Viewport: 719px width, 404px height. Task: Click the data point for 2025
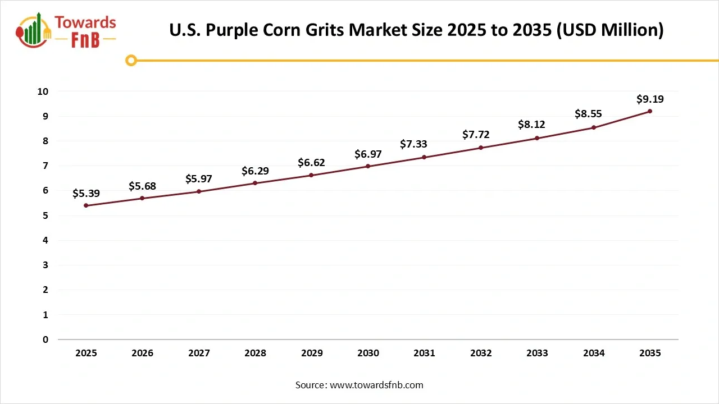(x=86, y=205)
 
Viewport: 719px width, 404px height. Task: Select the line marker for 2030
(x=368, y=166)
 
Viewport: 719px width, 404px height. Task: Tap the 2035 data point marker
(x=650, y=111)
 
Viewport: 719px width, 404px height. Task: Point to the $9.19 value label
(x=650, y=99)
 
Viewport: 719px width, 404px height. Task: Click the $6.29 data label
(x=255, y=171)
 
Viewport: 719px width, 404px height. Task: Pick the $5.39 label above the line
(x=86, y=194)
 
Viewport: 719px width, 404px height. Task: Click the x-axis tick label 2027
(x=199, y=353)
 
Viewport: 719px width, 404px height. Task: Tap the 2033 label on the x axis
(x=537, y=353)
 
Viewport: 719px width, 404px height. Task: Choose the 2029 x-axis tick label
(x=312, y=353)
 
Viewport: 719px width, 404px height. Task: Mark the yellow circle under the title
(x=131, y=61)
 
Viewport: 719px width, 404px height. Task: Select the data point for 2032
(x=481, y=148)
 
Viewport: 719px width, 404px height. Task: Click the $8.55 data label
(x=588, y=114)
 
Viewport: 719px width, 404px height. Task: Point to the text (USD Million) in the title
(x=609, y=30)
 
